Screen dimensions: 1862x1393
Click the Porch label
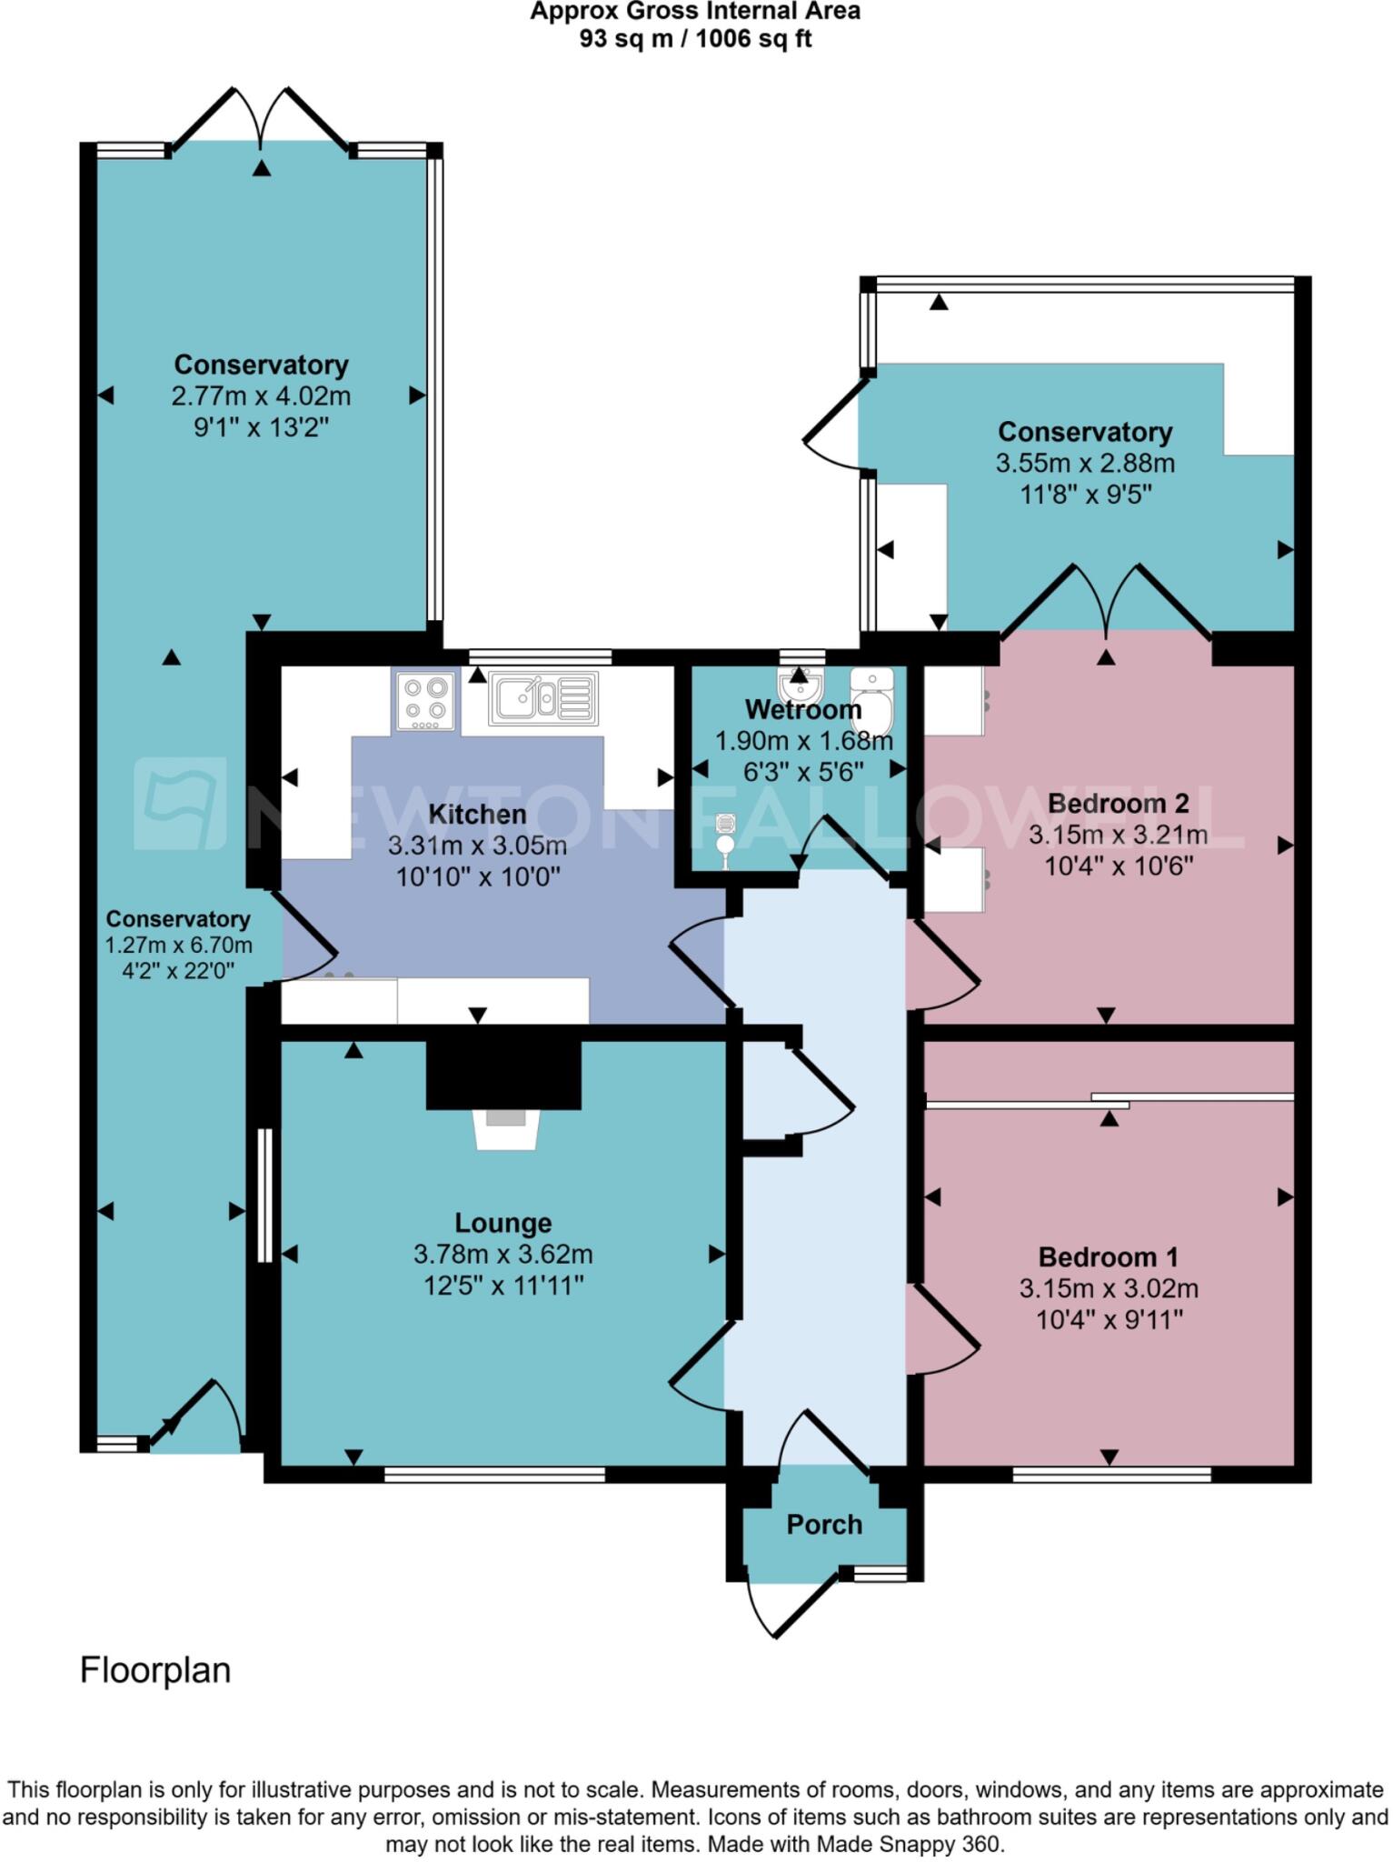tap(824, 1525)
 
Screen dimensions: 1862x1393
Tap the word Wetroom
tap(803, 709)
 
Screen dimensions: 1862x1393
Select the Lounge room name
tap(502, 1223)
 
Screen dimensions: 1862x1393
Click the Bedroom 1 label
tap(1108, 1257)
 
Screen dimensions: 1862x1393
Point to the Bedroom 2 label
tap(1118, 804)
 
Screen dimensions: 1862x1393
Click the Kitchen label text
tap(477, 815)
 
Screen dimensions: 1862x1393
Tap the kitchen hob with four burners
tap(425, 700)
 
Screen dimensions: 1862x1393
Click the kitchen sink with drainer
tap(543, 698)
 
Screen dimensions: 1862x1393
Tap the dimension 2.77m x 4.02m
tap(261, 396)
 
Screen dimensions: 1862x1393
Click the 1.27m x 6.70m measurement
tap(178, 946)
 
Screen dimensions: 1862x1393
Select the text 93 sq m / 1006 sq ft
tap(695, 39)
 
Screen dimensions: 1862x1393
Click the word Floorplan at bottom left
tap(155, 1670)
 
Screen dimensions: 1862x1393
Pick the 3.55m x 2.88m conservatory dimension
tap(1085, 464)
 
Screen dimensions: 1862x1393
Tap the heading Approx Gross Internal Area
tap(695, 12)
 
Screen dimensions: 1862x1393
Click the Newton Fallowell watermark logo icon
tap(180, 804)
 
